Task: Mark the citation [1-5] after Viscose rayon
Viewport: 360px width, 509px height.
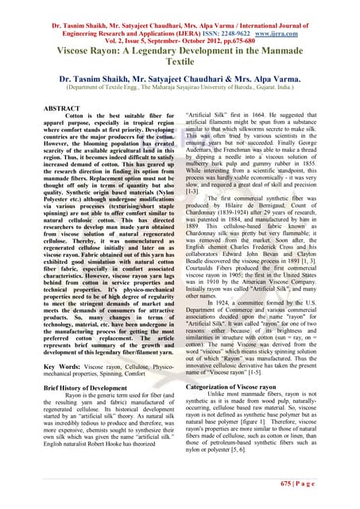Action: [x=284, y=372]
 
